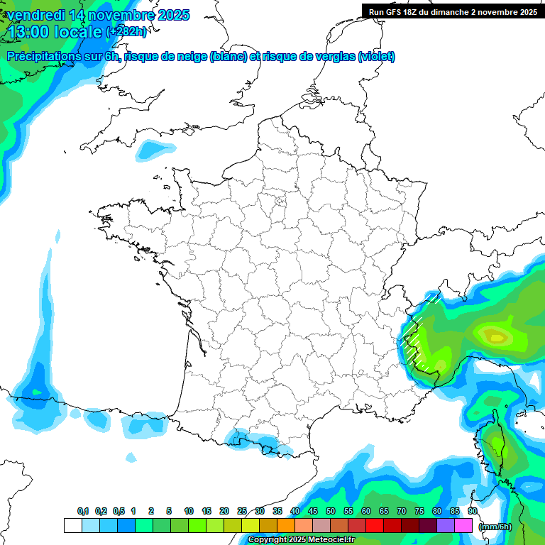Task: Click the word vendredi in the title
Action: tap(35, 15)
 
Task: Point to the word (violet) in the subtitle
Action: tap(376, 57)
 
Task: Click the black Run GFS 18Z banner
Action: tap(453, 11)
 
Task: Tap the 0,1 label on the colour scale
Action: tap(82, 511)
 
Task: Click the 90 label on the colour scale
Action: tap(472, 511)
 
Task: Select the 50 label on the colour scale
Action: tap(331, 511)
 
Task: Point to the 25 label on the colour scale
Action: tap(242, 511)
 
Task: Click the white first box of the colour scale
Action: tap(72, 525)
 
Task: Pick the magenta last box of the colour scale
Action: tap(463, 525)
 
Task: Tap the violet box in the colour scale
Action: tap(445, 525)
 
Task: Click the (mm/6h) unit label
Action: tap(495, 526)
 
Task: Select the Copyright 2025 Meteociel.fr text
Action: tap(302, 540)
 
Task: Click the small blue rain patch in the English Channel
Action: tap(155, 149)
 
